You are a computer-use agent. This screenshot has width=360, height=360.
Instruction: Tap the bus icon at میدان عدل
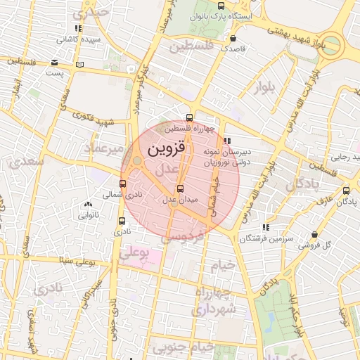tap(181, 188)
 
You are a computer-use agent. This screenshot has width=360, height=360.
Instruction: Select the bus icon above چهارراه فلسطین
tap(189, 117)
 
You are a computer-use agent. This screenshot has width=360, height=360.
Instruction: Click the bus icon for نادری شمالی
tap(123, 184)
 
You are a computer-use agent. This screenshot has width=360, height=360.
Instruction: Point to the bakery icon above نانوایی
tap(88, 205)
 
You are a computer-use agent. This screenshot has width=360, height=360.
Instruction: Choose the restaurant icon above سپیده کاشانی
tap(78, 29)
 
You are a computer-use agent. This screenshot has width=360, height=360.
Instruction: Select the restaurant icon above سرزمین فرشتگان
tap(266, 227)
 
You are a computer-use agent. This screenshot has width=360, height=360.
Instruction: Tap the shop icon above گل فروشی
tap(314, 234)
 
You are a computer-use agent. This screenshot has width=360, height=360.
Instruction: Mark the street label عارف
tap(324, 202)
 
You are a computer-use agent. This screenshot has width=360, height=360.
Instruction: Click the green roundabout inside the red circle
tap(136, 163)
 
